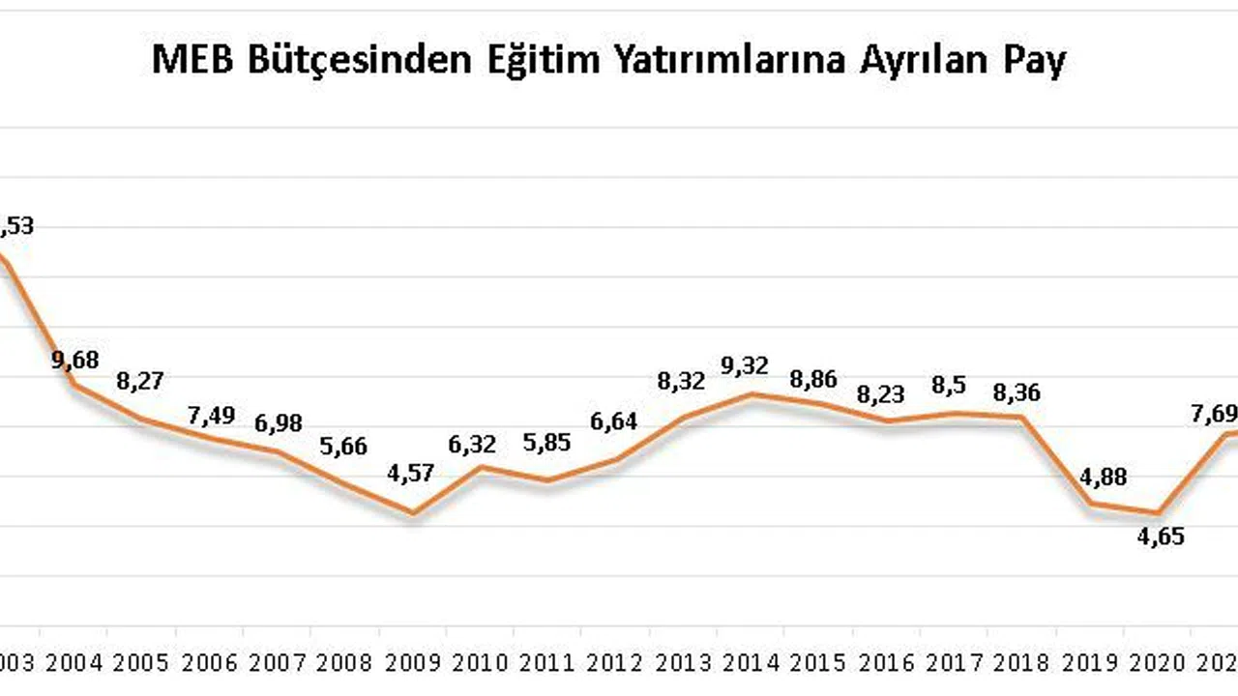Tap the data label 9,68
(x=75, y=361)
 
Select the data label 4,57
(x=410, y=474)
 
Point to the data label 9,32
(x=745, y=365)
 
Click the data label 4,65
(x=1161, y=537)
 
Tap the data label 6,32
(x=472, y=445)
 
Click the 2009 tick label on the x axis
(x=413, y=663)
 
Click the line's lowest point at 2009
(x=413, y=513)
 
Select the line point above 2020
(x=1158, y=513)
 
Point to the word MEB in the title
(x=192, y=61)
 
